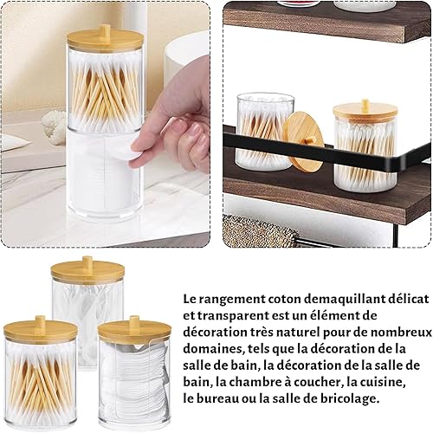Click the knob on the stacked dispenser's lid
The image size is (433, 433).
pos(105,31)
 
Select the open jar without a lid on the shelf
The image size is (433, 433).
pos(265,132)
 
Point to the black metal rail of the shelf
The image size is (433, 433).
pos(326,152)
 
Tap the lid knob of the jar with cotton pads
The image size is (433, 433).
pos(134,322)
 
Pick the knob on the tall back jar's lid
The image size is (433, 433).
pos(87,262)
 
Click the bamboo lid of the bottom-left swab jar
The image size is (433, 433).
pos(40,329)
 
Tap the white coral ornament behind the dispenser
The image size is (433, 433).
pos(55,126)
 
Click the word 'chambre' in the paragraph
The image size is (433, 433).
pos(249,383)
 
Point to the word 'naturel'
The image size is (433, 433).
pos(298,333)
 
